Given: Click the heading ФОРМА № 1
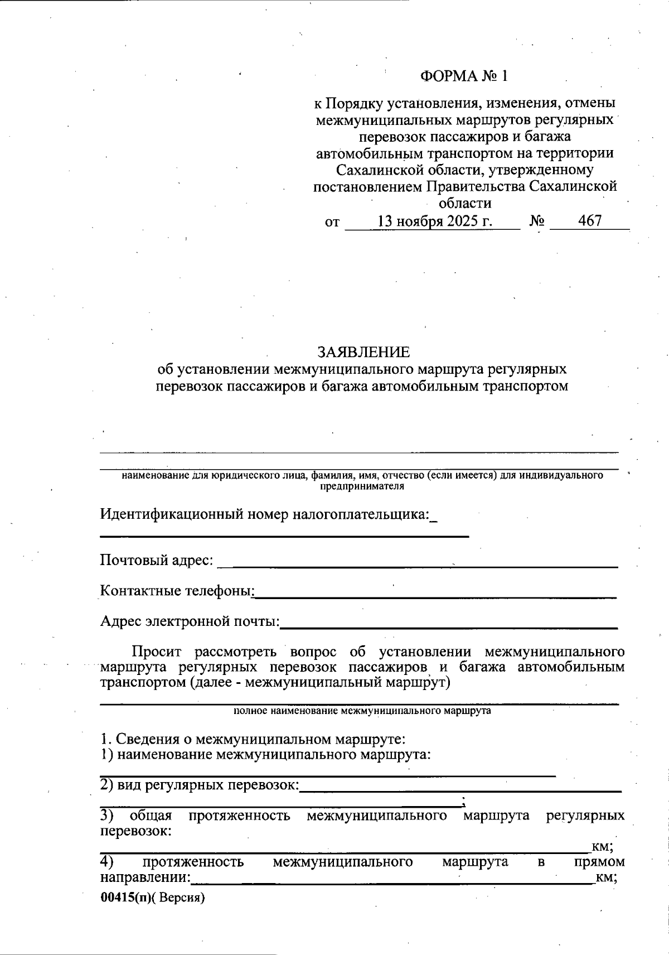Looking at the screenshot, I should pos(464,76).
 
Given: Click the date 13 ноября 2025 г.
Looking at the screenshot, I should pos(435,221).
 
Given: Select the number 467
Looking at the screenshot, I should pos(590,221).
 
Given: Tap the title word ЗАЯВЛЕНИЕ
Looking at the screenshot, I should pos(363,353).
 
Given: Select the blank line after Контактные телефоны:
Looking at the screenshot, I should pos(435,595).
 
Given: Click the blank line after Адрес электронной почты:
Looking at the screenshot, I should pos(449,625).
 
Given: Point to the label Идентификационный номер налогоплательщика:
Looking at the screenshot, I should pos(265,514).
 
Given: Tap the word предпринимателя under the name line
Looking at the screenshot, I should pos(362,486).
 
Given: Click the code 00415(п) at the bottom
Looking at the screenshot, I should pos(125,898).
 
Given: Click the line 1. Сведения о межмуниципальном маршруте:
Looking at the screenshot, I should pos(253,740).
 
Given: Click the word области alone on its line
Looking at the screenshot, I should pos(465,203).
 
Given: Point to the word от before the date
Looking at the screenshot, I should pos(332,222).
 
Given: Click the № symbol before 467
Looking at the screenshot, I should pos(537,221).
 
